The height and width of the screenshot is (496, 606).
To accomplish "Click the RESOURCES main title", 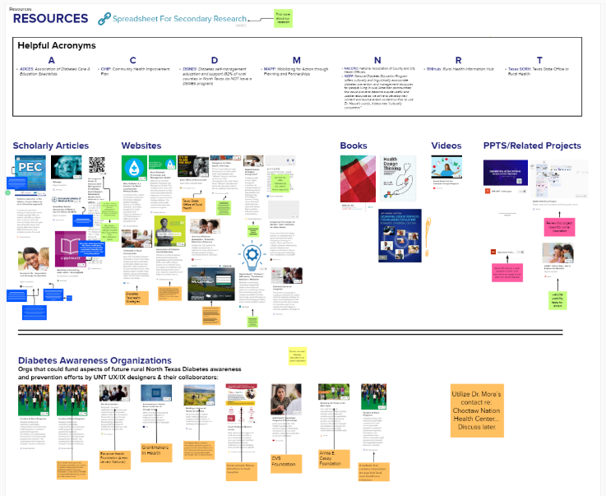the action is click(x=50, y=19).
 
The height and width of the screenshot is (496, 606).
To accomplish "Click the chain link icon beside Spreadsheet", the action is click(x=104, y=19).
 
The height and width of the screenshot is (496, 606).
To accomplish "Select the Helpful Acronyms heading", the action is click(x=57, y=45).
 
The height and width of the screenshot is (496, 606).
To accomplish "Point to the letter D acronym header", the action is click(x=215, y=60).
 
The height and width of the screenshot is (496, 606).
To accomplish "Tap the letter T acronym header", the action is click(x=539, y=60).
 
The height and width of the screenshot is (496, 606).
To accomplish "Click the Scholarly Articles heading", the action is click(x=51, y=146).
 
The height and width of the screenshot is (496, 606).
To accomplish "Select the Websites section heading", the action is click(x=141, y=146).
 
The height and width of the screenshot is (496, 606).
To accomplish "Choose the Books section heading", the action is click(x=354, y=146).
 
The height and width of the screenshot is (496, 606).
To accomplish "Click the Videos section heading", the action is click(x=446, y=146).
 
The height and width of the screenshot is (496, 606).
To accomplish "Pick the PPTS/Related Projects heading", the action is click(x=532, y=146).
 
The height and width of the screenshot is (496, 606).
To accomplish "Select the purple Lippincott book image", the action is click(x=70, y=246).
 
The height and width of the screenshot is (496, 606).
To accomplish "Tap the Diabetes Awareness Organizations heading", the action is click(x=95, y=360).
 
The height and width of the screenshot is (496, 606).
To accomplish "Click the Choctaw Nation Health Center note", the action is click(x=476, y=409).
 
